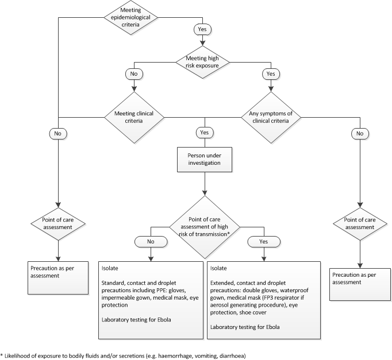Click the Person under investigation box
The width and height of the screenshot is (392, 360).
(203, 158)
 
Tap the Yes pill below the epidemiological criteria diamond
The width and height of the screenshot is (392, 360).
(203, 29)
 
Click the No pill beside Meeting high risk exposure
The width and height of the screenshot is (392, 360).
(133, 74)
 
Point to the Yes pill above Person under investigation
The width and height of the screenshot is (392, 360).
(203, 133)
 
